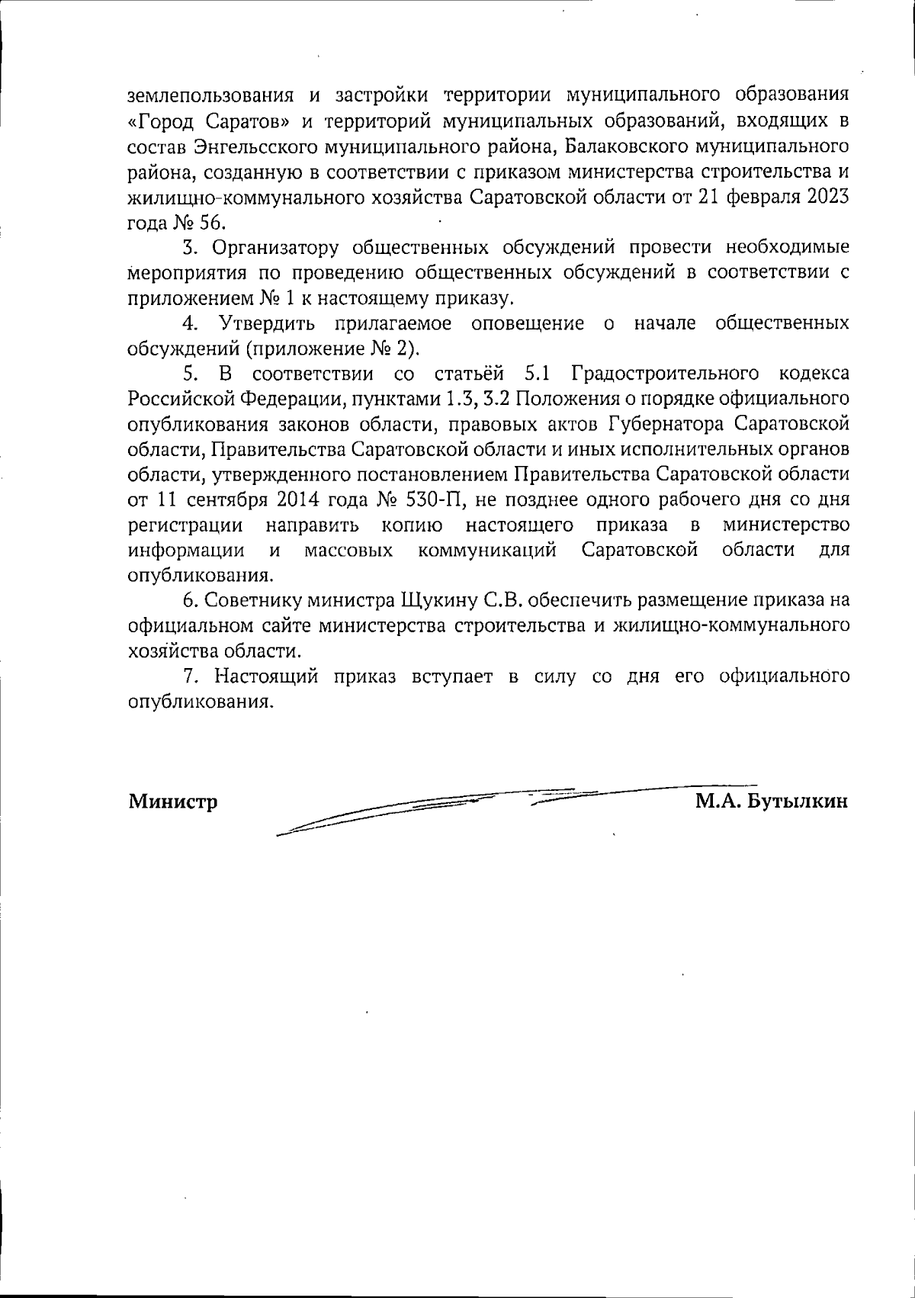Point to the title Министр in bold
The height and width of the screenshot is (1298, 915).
point(173,802)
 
